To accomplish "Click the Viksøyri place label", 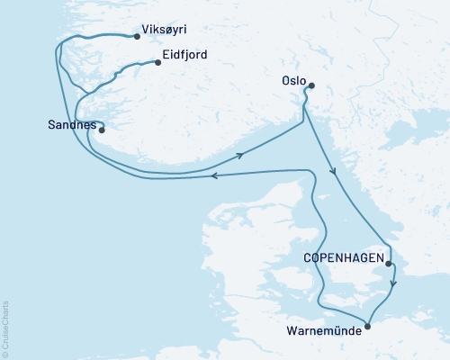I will (x=168, y=38).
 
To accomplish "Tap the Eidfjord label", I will (x=185, y=55).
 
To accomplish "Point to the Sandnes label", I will (x=70, y=126).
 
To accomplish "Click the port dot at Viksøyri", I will (x=136, y=37).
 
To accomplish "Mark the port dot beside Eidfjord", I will (x=156, y=62).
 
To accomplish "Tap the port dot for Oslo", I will (x=310, y=86).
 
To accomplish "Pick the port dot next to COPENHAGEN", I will (x=390, y=262).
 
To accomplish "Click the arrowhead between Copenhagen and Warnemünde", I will (x=393, y=285).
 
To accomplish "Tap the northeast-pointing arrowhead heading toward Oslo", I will (x=242, y=155).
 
